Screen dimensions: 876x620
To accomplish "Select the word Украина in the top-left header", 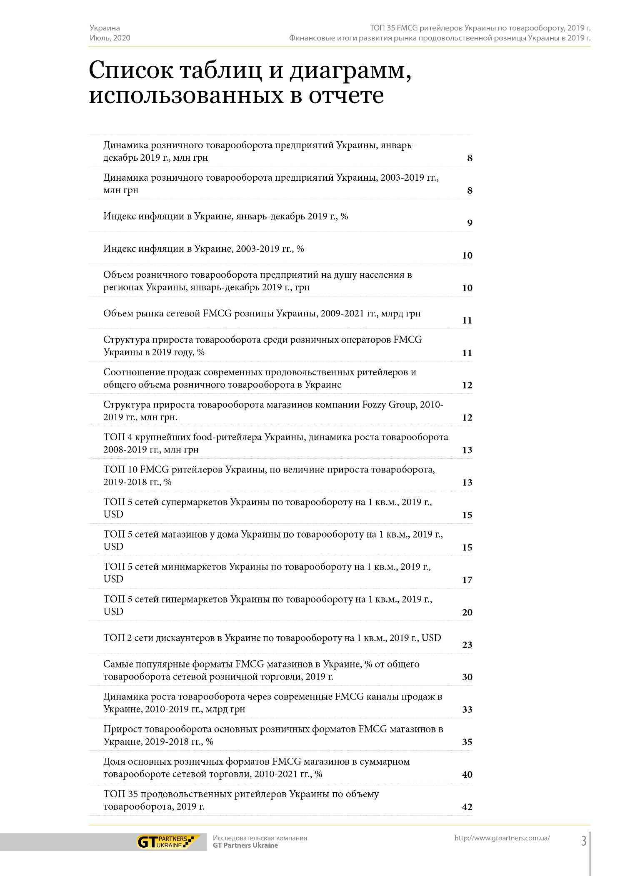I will click(105, 28).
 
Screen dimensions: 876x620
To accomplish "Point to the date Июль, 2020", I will click(110, 38).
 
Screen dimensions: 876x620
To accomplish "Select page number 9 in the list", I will click(470, 223).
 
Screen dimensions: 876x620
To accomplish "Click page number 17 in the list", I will click(467, 580).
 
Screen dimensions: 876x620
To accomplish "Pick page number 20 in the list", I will click(467, 612).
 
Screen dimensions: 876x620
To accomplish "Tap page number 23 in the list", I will click(467, 645).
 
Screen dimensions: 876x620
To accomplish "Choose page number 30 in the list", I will click(467, 677).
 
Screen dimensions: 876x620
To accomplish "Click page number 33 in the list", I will click(467, 710).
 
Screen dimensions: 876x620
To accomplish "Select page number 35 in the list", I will click(467, 742).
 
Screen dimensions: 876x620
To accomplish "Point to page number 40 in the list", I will click(467, 775).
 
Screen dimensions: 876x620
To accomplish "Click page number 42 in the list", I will click(467, 807).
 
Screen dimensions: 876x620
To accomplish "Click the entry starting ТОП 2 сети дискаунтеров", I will click(272, 638).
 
